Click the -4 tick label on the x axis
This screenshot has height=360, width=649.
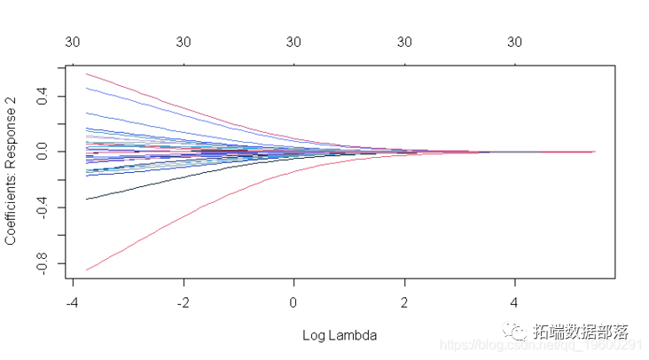70,302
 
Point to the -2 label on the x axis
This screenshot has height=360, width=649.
181,302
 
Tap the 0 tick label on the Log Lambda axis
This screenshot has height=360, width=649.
294,302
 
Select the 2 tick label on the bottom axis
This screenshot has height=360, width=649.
404,302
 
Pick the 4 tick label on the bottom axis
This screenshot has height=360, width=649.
514,302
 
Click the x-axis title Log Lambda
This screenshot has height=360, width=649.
340,335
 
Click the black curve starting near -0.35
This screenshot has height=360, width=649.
133,190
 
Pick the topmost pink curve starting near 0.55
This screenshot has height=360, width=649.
133,88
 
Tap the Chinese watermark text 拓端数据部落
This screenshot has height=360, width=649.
581,333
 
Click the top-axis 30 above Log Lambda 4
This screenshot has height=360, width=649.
514,42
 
